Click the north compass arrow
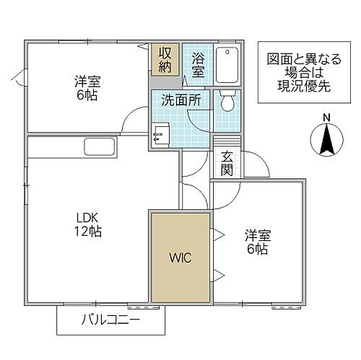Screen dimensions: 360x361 326,139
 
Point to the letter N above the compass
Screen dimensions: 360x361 326,117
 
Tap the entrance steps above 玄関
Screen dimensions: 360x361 226,143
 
